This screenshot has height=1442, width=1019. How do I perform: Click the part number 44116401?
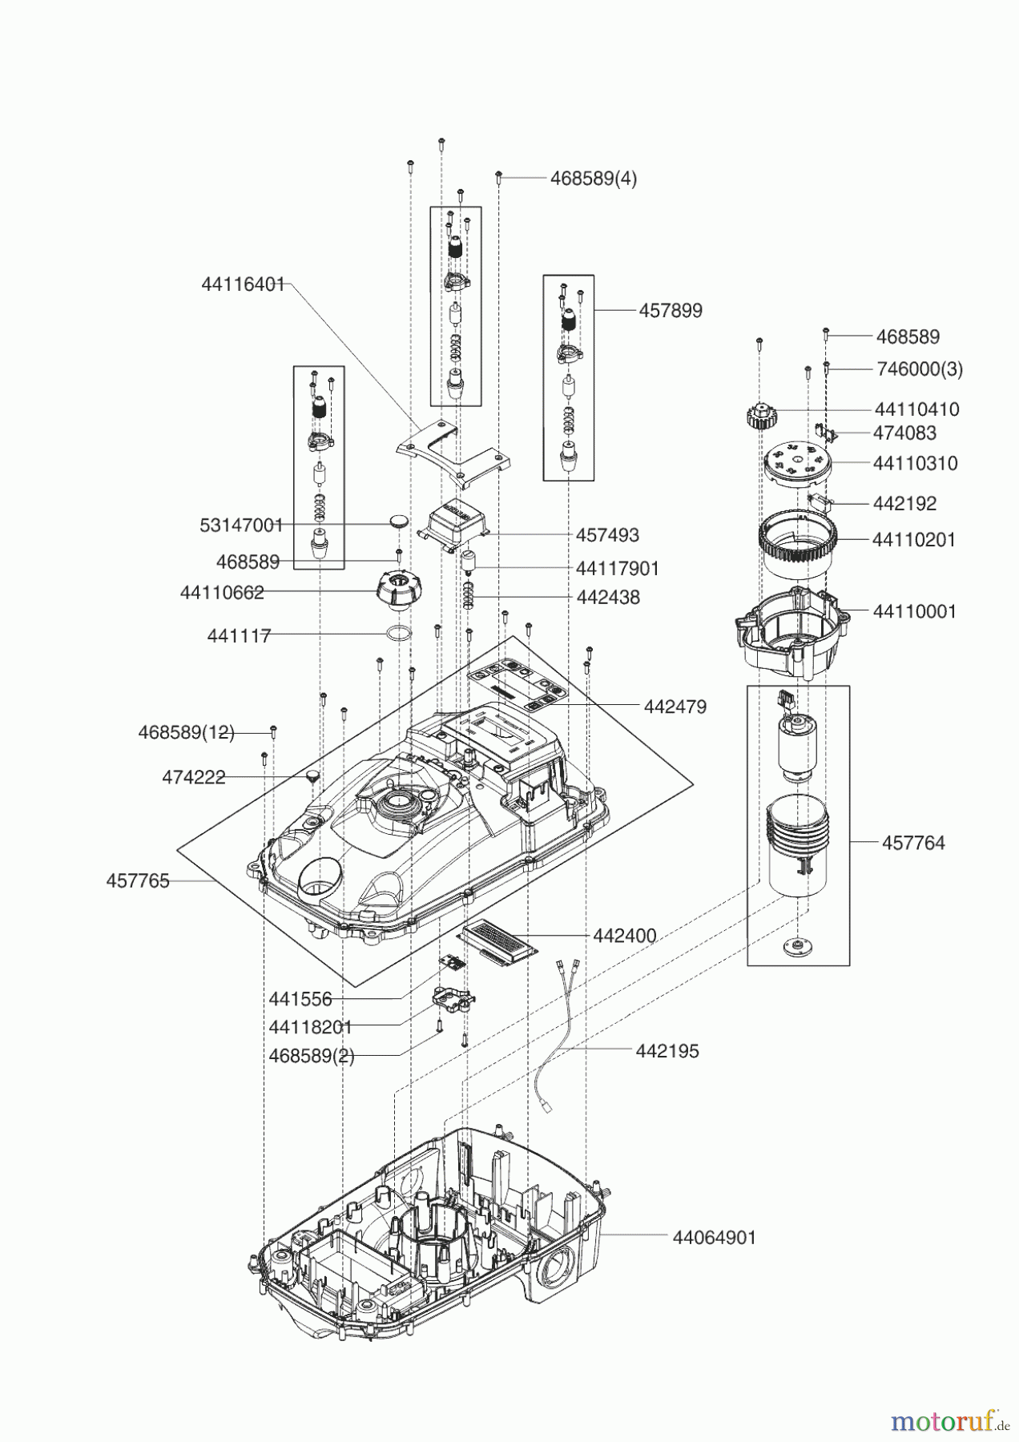point(243,284)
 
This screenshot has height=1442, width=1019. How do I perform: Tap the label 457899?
point(670,311)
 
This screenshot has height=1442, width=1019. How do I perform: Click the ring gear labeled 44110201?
point(797,545)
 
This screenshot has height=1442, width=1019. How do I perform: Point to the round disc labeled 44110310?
point(796,464)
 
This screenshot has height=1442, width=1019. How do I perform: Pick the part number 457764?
point(912,843)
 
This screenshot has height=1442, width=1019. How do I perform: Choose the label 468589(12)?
point(186,732)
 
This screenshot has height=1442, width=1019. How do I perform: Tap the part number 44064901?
point(714,1238)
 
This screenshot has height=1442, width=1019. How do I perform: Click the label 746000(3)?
point(919,369)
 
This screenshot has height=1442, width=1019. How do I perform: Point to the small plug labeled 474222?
point(311,775)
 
